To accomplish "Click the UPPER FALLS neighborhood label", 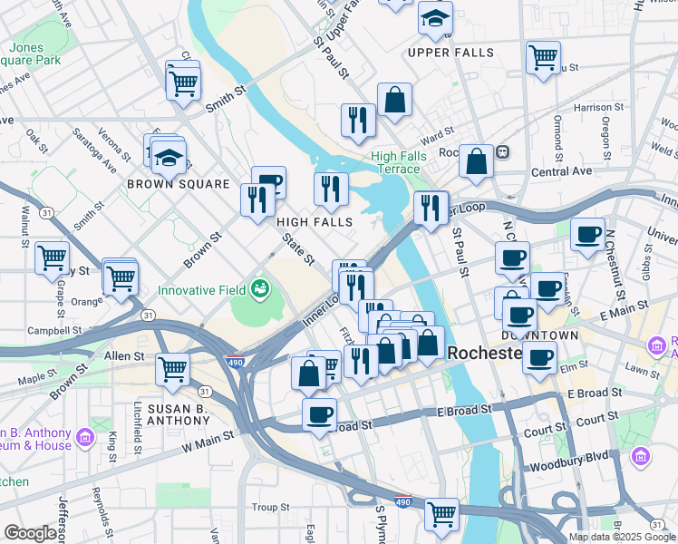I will point(450,53).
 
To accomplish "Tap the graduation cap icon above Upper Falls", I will point(435,18).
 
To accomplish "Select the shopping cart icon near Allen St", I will point(172,369).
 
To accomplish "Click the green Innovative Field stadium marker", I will point(261,290).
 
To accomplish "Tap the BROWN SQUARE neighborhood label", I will point(179,184).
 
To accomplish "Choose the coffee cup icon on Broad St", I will point(318,414).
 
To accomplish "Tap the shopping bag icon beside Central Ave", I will point(476,161).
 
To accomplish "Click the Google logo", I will point(30,533).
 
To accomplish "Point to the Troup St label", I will point(269,507).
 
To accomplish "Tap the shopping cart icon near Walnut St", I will point(52,257).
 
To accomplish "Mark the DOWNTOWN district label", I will point(540,335).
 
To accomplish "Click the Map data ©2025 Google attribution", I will point(622,537).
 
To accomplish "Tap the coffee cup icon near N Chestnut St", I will point(587,235).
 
